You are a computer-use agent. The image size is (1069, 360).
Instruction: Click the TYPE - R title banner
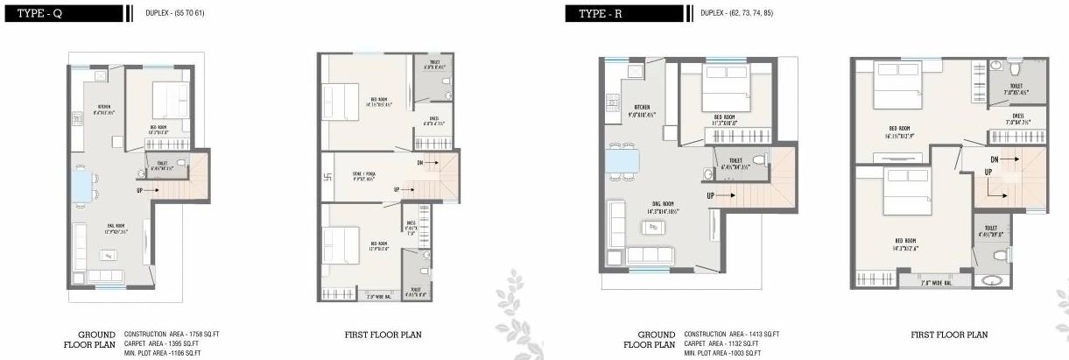click(625, 13)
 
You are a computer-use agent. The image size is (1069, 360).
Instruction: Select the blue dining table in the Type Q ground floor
click(82, 186)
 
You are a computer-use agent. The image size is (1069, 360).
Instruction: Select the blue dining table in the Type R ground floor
click(622, 162)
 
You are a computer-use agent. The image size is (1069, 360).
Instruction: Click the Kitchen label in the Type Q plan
click(104, 109)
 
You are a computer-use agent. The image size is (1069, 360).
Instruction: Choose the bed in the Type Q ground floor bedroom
click(165, 102)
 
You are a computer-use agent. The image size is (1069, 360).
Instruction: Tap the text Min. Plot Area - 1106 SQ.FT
click(163, 353)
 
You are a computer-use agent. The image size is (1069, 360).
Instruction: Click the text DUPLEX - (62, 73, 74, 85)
click(736, 13)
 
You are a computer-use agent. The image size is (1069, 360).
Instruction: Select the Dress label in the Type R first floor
click(1017, 118)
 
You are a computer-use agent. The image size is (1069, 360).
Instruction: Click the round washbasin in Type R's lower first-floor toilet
click(990, 281)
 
